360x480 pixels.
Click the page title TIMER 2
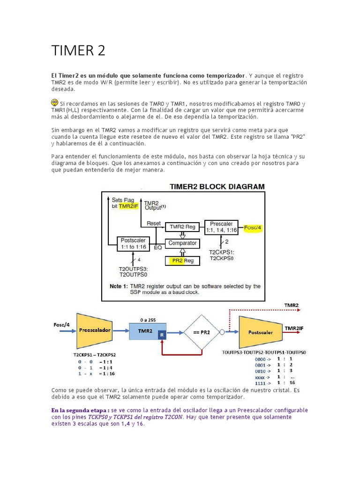[x=78, y=50]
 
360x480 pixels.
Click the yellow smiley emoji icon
[x=55, y=102]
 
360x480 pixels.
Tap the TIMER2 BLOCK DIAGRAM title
[x=217, y=186]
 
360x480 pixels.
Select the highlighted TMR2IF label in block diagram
[x=128, y=206]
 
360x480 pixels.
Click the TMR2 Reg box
[x=182, y=227]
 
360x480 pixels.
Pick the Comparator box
[x=182, y=244]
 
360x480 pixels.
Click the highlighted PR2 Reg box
[x=182, y=261]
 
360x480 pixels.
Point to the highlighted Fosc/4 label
[x=254, y=227]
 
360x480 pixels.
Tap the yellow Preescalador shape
[x=94, y=330]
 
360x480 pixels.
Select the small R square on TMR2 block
[x=162, y=335]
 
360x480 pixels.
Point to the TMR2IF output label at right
[x=294, y=329]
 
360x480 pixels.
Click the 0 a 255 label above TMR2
[x=147, y=319]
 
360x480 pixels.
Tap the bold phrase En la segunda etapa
[x=80, y=410]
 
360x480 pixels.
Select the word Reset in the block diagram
[x=154, y=224]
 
